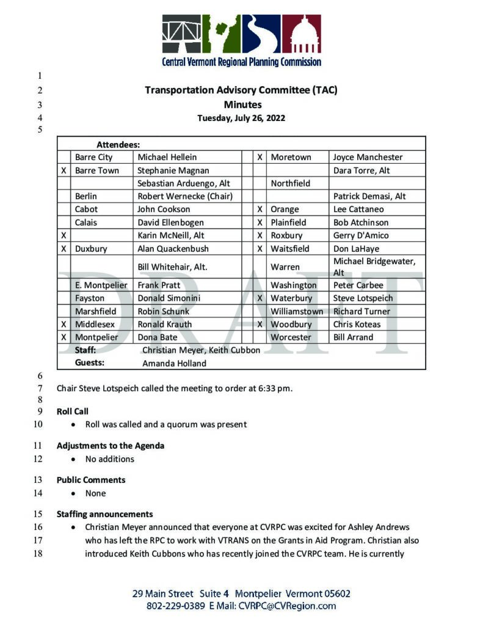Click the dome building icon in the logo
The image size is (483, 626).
pos(301,35)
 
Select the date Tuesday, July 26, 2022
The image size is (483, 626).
pos(241,118)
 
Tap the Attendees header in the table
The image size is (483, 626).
pos(118,145)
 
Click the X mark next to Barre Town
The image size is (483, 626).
pos(64,171)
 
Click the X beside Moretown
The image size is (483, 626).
pos(260,157)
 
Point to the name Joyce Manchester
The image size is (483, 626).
pos(368,157)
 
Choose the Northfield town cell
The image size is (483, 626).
pos(291,183)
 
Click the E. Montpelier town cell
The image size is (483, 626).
pos(101,285)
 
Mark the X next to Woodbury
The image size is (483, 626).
pos(260,324)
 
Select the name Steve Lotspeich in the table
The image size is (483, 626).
pos(363,298)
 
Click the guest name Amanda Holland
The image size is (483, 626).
pos(174,363)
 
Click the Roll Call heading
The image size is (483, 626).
pos(73,411)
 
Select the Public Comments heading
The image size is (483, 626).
pos(91,480)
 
